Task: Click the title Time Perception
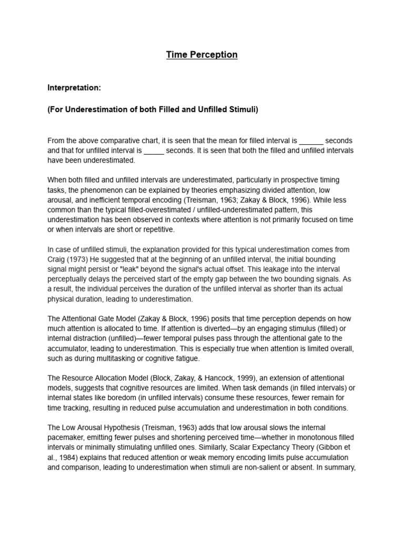pos(202,55)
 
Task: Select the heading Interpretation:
pos(74,87)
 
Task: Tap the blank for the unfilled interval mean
pos(154,151)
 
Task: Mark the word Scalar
pos(248,448)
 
